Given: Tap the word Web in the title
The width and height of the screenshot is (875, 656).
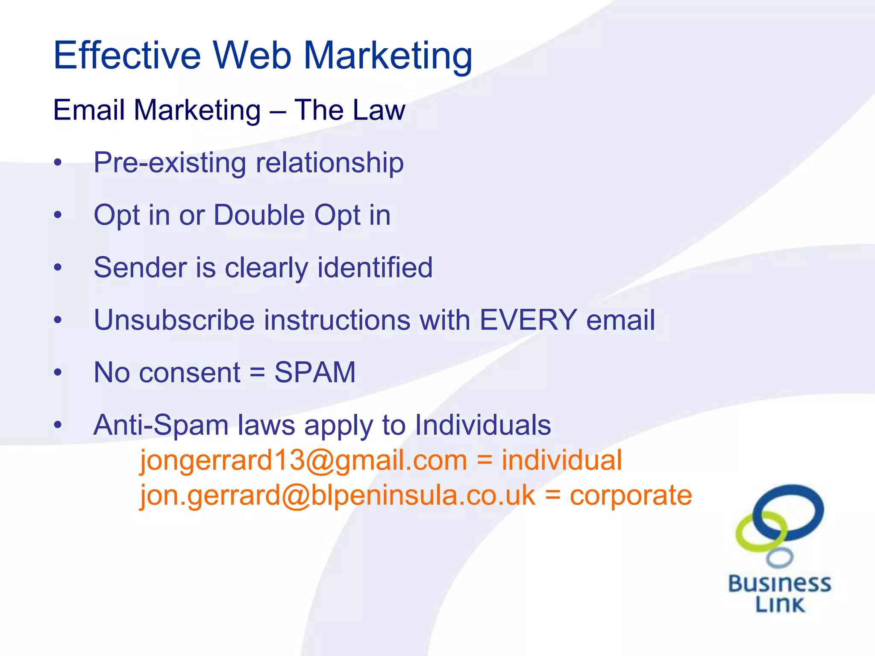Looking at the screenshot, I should click(252, 56).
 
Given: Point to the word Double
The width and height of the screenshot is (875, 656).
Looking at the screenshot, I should click(259, 215).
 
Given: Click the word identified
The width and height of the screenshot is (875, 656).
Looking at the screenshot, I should click(375, 268).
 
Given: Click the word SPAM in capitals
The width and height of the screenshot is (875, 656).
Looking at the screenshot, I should click(315, 372).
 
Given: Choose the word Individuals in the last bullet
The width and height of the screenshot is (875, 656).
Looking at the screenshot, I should click(483, 425).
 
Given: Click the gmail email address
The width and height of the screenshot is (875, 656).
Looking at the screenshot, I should click(304, 460).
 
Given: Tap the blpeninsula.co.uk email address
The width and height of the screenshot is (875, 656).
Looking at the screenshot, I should click(338, 495).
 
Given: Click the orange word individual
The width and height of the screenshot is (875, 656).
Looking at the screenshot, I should click(561, 460).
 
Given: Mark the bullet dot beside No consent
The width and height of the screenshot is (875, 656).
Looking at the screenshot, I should click(58, 373).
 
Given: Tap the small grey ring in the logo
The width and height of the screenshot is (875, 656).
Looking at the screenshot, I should click(780, 557).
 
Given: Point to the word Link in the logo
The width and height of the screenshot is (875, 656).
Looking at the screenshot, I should click(780, 604).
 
